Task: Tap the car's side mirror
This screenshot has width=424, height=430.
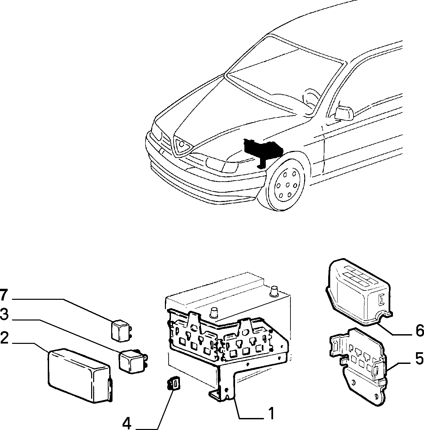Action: click(344, 114)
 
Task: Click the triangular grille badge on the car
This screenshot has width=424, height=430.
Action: click(182, 144)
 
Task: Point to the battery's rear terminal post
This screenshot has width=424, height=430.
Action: click(274, 291)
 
